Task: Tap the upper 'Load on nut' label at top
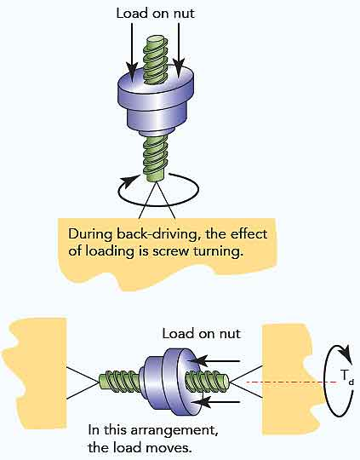click(151, 13)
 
